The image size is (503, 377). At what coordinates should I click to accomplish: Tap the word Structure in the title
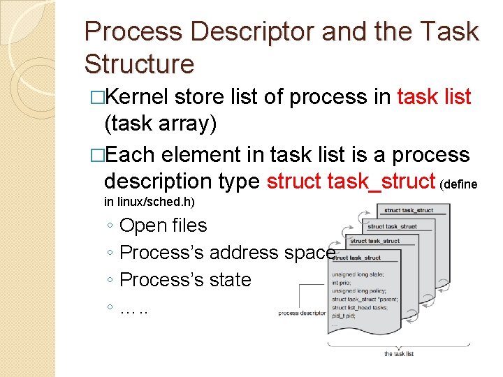pyautogui.click(x=139, y=64)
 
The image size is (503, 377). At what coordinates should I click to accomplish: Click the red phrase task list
pyautogui.click(x=434, y=98)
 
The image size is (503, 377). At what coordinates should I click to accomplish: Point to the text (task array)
pyautogui.click(x=160, y=124)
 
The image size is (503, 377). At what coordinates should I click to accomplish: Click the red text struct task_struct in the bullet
pyautogui.click(x=351, y=181)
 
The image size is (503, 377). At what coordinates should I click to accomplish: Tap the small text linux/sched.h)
pyautogui.click(x=156, y=202)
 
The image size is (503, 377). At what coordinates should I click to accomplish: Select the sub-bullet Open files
pyautogui.click(x=163, y=226)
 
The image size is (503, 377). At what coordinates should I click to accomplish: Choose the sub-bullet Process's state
pyautogui.click(x=185, y=279)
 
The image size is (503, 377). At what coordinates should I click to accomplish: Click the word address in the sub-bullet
pyautogui.click(x=246, y=253)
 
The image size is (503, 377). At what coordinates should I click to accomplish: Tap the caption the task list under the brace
pyautogui.click(x=399, y=354)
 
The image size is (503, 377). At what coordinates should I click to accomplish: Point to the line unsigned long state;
pyautogui.click(x=358, y=274)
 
